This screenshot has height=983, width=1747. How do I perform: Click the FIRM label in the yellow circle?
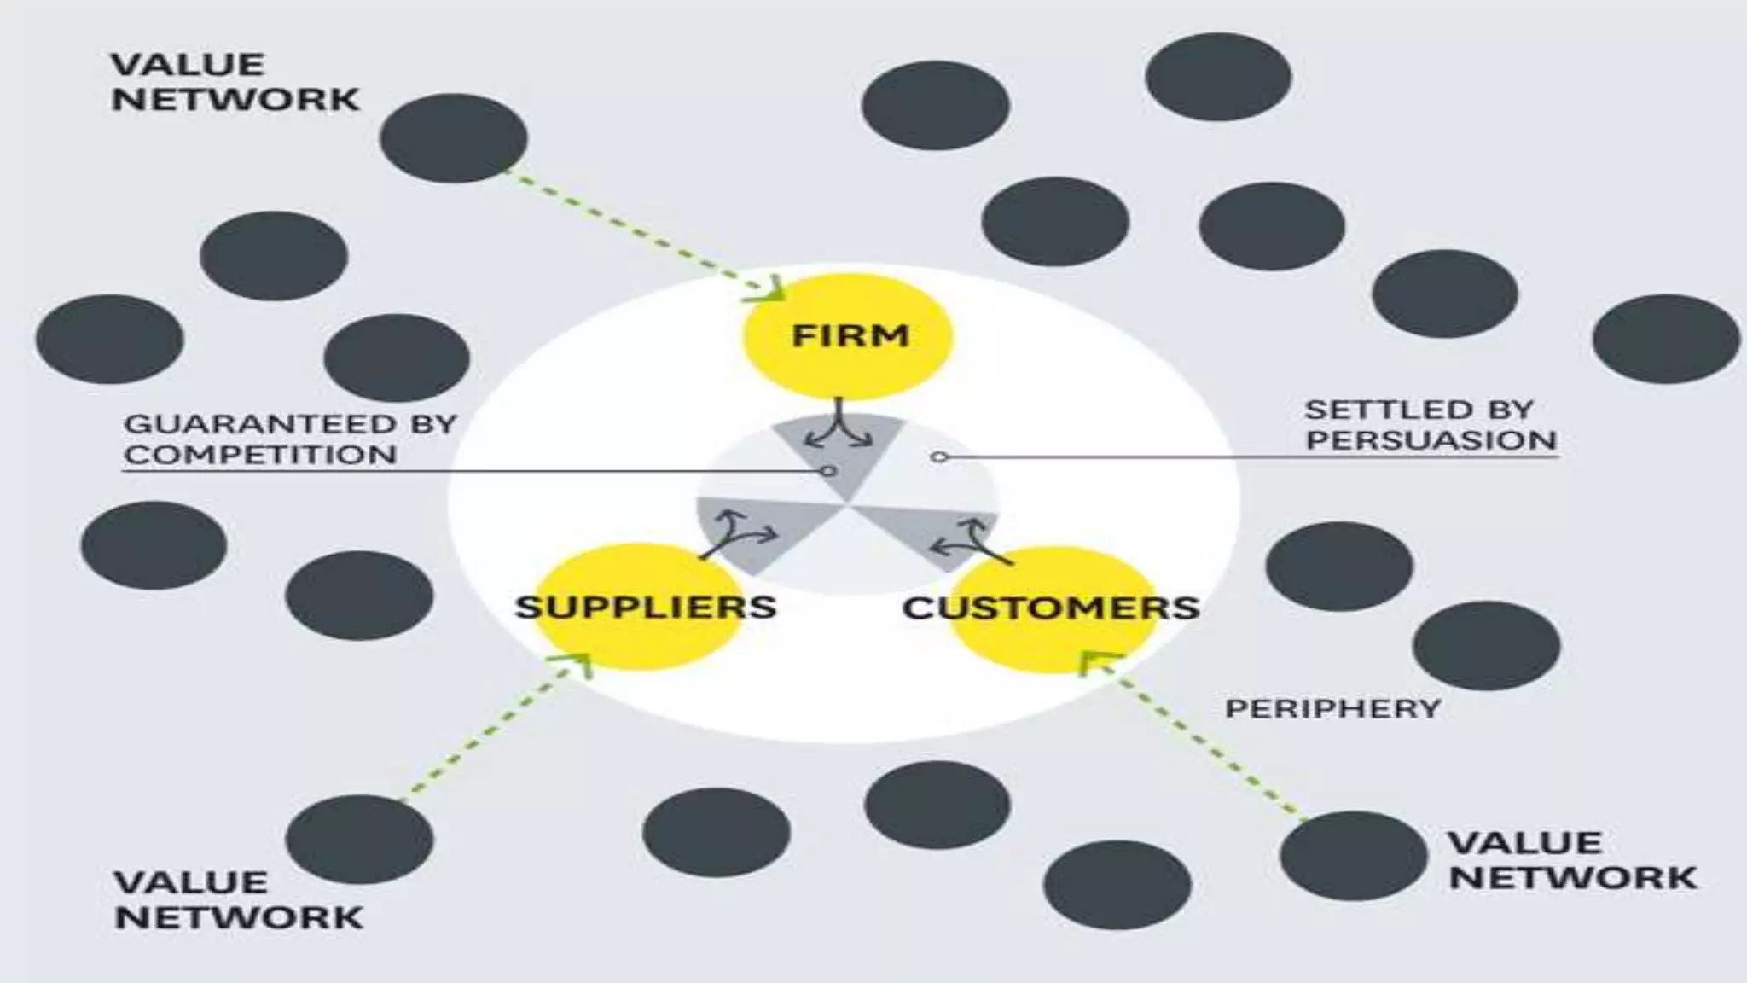click(x=850, y=335)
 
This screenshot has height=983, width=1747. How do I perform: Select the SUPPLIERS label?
click(x=646, y=608)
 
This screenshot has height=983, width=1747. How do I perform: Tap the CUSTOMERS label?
click(x=1051, y=608)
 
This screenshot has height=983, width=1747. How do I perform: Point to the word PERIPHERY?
click(x=1332, y=708)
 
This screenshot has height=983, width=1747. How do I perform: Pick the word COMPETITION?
click(x=260, y=455)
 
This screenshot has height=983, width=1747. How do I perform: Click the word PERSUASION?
click(x=1431, y=440)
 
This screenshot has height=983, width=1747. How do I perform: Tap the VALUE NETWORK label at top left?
click(x=235, y=82)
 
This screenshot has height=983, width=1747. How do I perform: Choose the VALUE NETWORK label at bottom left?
click(x=238, y=899)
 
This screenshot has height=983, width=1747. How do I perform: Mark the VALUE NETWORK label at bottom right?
click(x=1572, y=860)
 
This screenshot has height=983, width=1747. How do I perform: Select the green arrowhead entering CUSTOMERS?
click(x=1095, y=660)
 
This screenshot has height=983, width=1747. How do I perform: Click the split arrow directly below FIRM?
click(x=839, y=426)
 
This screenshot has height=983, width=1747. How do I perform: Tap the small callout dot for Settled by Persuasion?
click(x=939, y=457)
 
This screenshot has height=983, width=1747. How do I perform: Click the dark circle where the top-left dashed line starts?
click(x=453, y=138)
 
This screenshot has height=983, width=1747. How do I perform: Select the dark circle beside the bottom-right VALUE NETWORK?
click(x=1353, y=855)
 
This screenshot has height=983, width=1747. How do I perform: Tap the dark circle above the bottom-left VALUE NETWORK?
click(x=359, y=839)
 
